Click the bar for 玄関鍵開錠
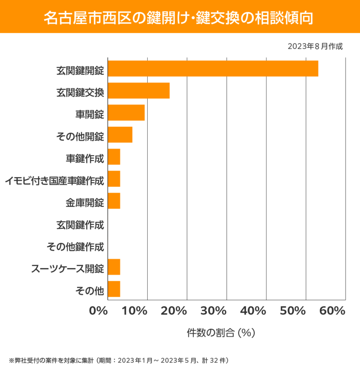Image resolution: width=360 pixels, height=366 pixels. coord(213,68)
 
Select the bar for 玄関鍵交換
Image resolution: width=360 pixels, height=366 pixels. coord(138,91)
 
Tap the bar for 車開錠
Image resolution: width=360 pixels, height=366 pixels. coord(126,112)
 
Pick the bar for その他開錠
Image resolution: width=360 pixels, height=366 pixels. coord(120,135)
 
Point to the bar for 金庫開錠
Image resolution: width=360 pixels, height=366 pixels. coord(114,201)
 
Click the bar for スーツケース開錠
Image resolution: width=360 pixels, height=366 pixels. coord(114,267)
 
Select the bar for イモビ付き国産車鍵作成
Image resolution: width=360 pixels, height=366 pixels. coord(114,179)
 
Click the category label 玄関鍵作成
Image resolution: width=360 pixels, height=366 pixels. coord(80,225)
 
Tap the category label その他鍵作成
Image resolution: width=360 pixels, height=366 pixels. coord(75,247)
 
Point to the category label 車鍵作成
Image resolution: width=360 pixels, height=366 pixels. coord(84,159)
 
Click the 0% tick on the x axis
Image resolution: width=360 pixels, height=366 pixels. coord(99,311)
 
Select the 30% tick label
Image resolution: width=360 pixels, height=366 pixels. coord(214,311)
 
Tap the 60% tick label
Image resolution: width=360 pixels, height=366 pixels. coord(332,311)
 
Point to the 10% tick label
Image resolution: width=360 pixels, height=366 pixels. coord(135,311)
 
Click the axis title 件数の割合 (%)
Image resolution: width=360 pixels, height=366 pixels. coord(221,333)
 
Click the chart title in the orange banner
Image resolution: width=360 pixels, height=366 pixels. coord(180,18)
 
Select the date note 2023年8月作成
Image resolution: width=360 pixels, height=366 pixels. coord(315,46)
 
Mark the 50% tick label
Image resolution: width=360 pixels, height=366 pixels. coord(292,311)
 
